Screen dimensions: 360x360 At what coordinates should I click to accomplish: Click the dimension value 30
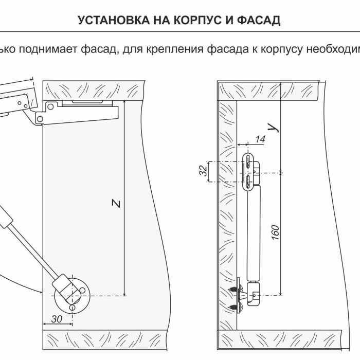click(57, 319)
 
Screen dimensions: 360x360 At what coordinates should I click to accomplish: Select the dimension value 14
click(260, 139)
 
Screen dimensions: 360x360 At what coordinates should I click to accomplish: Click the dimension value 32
click(204, 170)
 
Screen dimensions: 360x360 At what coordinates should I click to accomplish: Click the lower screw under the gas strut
click(240, 306)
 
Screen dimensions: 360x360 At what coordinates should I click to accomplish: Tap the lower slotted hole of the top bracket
click(247, 181)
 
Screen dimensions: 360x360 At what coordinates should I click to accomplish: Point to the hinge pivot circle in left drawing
click(51, 106)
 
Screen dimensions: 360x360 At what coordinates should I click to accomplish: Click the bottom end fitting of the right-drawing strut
click(253, 294)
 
